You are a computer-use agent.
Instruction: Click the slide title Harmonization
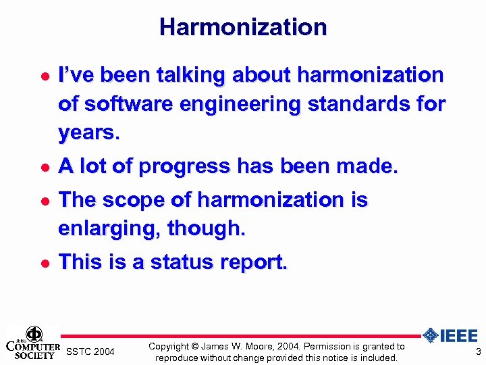pos(243,27)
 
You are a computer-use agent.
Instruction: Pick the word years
pos(88,134)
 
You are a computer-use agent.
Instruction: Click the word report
pos(257,262)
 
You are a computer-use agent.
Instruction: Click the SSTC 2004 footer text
pos(90,352)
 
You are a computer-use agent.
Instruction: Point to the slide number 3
pos(478,351)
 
